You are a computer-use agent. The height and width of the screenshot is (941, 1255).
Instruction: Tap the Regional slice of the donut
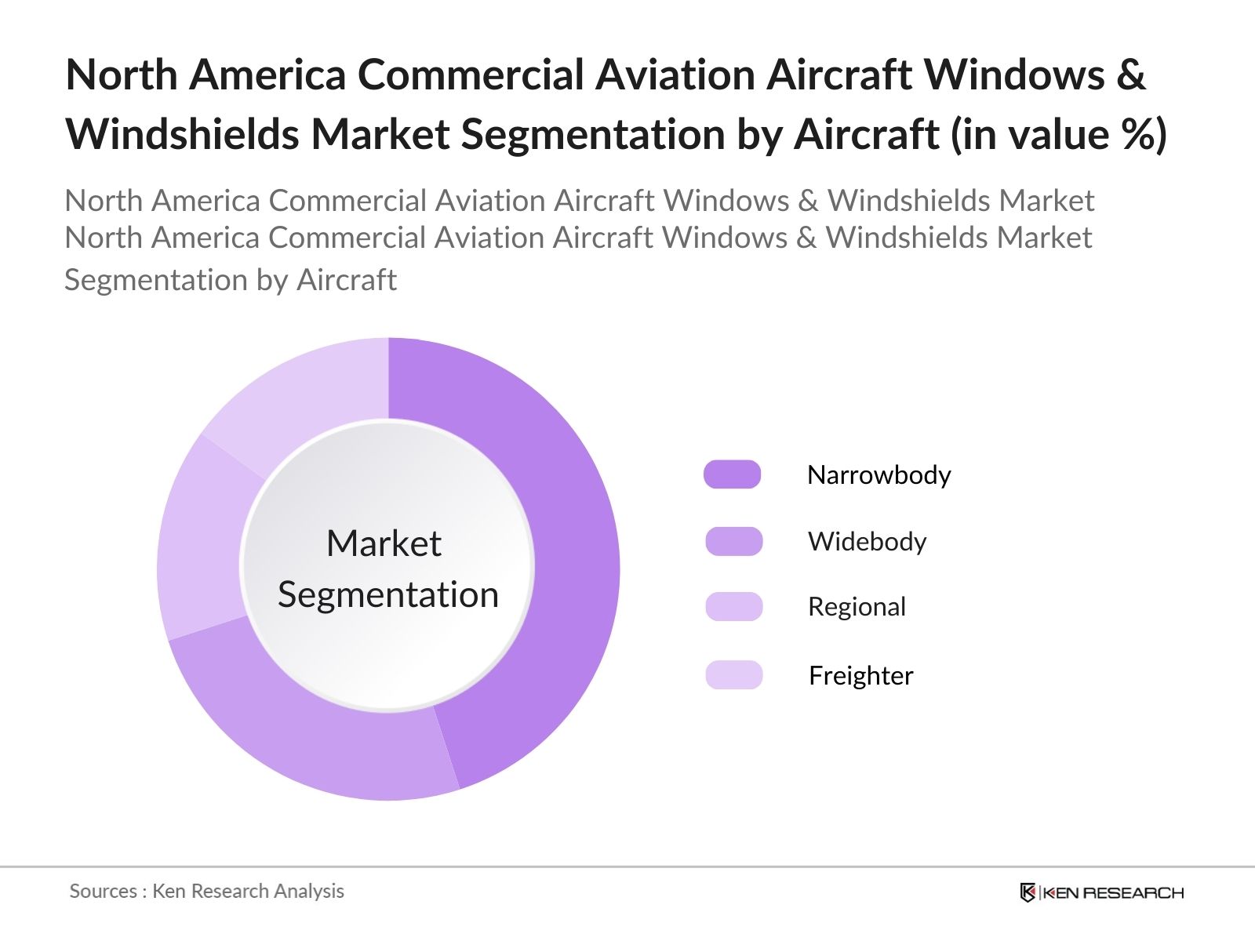[200, 541]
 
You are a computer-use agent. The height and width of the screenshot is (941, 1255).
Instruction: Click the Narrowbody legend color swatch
[732, 474]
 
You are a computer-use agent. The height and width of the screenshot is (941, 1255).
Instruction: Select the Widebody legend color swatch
[733, 541]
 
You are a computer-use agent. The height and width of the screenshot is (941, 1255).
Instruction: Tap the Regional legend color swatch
[733, 606]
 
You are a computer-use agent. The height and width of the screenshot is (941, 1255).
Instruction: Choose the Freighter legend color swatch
[733, 675]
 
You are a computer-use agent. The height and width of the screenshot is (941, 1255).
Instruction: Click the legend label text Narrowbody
[878, 475]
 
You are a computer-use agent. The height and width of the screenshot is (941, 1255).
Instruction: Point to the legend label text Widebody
[867, 542]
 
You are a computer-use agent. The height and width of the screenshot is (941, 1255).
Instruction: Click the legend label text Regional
[857, 607]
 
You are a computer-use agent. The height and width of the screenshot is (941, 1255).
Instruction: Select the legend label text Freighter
[860, 676]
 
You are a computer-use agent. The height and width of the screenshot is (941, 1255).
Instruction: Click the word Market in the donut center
[384, 543]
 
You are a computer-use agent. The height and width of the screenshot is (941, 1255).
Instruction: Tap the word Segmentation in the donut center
[387, 594]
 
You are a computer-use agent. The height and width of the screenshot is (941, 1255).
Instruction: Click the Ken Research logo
[1101, 892]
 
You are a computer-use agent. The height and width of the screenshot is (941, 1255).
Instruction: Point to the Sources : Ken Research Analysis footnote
[206, 891]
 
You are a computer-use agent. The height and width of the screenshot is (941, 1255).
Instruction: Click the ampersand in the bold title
[1130, 75]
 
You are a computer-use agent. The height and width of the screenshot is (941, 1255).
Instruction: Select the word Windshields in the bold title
[181, 134]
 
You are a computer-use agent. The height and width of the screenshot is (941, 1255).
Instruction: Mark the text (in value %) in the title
[1059, 134]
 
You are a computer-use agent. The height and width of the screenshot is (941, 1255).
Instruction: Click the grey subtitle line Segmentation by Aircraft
[230, 280]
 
